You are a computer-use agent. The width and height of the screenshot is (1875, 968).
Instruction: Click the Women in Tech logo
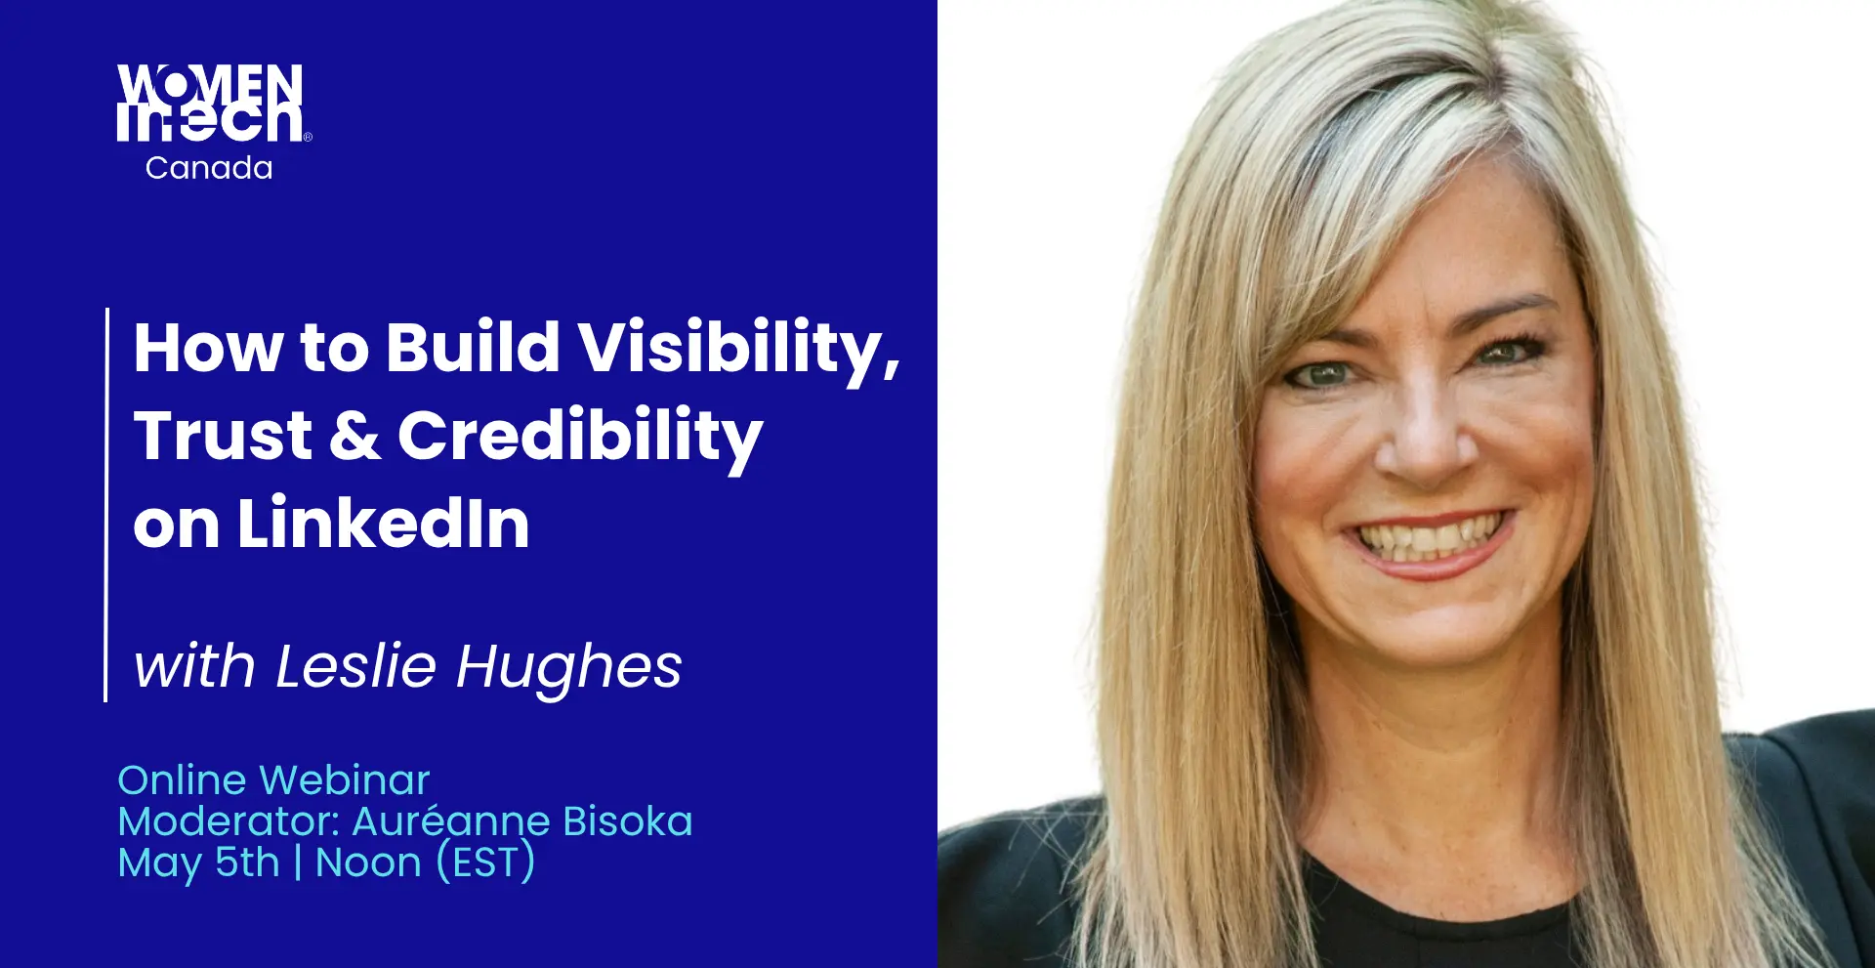click(214, 122)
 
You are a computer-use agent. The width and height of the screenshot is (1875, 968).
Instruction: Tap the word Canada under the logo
click(209, 168)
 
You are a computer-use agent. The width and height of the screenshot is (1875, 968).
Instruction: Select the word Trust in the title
click(224, 435)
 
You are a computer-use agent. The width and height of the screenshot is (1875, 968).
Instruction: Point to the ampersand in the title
click(355, 436)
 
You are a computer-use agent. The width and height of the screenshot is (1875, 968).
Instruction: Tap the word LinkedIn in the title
click(384, 524)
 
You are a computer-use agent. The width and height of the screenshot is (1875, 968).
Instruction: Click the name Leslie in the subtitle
click(355, 666)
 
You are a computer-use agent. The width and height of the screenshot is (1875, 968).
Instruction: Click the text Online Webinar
click(273, 779)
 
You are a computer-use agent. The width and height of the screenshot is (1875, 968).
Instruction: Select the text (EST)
click(485, 863)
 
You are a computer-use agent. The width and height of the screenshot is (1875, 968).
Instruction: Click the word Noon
click(368, 863)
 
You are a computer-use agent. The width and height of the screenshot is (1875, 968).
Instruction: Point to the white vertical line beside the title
click(105, 505)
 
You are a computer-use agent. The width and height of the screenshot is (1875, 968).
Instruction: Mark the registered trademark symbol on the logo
click(308, 138)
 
